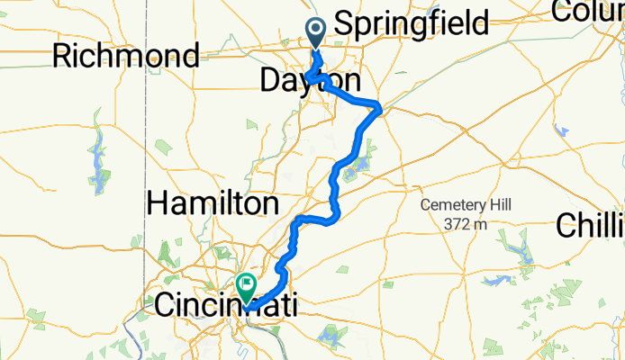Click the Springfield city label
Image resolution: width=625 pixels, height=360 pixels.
click(x=411, y=23)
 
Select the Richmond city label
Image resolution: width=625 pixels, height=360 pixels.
click(x=126, y=56)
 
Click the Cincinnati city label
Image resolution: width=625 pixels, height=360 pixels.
click(x=225, y=304)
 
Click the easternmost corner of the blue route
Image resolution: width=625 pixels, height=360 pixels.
click(x=382, y=109)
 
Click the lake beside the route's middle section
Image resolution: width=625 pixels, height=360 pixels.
click(x=362, y=165)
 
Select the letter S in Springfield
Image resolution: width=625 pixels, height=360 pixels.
click(x=345, y=23)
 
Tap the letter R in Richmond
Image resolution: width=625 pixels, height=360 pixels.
click(x=63, y=56)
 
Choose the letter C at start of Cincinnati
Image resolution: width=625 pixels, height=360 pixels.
click(x=167, y=304)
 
